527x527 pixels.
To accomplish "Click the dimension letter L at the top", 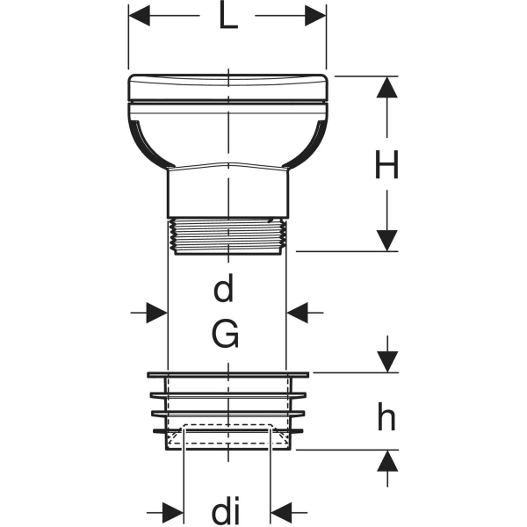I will pos(228,18).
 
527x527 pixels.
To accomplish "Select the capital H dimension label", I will pos(386,165).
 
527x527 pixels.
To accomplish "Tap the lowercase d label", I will pos(226,287).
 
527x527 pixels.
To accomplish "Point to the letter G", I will pos(227,334).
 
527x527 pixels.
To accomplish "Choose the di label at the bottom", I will pos(226,509).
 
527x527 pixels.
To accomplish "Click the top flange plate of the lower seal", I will pos(227,375).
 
